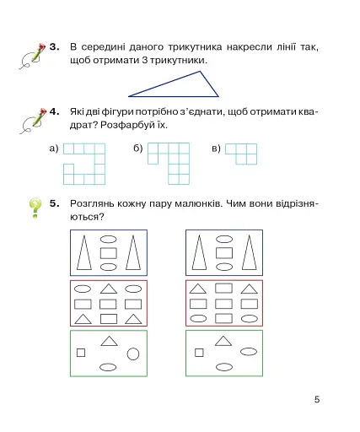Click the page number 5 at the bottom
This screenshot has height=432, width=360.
pyautogui.click(x=317, y=399)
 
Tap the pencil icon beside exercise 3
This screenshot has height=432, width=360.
pyautogui.click(x=31, y=55)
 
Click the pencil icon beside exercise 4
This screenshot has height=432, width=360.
pyautogui.click(x=31, y=120)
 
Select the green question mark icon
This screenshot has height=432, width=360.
pyautogui.click(x=33, y=208)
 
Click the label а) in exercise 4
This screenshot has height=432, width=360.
pyautogui.click(x=53, y=148)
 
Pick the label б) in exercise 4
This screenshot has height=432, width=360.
pyautogui.click(x=137, y=148)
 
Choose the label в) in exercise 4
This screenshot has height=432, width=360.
pyautogui.click(x=216, y=148)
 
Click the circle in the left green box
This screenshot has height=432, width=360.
pyautogui.click(x=133, y=353)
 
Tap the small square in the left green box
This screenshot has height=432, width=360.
pyautogui.click(x=81, y=353)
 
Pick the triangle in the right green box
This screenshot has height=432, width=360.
pyautogui.click(x=223, y=341)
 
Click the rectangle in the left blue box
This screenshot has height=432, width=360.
pyautogui.click(x=108, y=252)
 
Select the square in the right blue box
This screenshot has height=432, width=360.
pyautogui.click(x=224, y=252)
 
